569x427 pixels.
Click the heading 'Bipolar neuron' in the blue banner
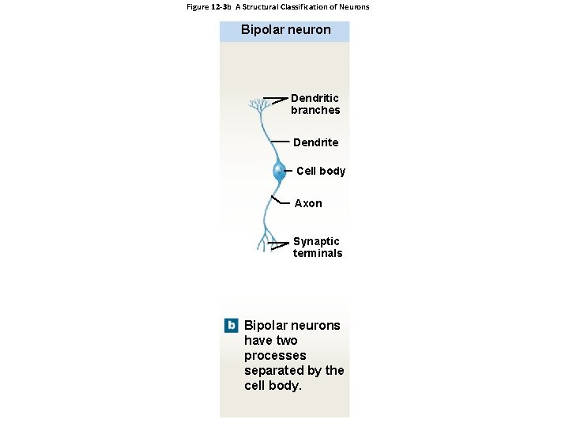coord(285,31)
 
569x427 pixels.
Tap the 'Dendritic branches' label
coord(315,104)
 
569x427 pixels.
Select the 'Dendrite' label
coord(315,142)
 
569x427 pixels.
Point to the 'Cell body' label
coord(321,171)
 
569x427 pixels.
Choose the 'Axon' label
coord(308,203)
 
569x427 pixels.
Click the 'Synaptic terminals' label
coord(318,248)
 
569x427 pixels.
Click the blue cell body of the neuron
coord(279,171)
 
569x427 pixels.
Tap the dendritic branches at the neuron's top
coord(258,105)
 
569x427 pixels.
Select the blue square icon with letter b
coord(231,325)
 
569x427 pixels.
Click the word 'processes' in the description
coord(275,356)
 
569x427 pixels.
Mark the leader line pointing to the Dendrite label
coord(279,140)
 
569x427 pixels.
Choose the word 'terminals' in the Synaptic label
coord(318,254)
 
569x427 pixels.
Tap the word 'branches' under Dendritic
coord(315,111)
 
